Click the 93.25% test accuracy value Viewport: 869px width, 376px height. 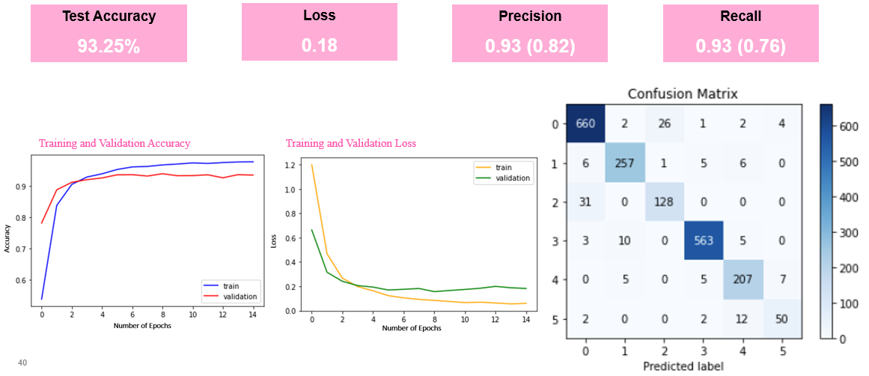point(109,46)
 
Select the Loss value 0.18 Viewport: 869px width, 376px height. point(320,45)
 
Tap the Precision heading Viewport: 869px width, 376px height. point(530,16)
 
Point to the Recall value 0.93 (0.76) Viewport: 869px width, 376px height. point(740,46)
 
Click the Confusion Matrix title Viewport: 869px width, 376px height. point(683,94)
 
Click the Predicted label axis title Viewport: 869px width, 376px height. point(683,366)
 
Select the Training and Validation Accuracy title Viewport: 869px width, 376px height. point(115,143)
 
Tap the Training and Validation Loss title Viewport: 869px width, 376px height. point(351,143)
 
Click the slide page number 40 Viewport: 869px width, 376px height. point(22,363)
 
